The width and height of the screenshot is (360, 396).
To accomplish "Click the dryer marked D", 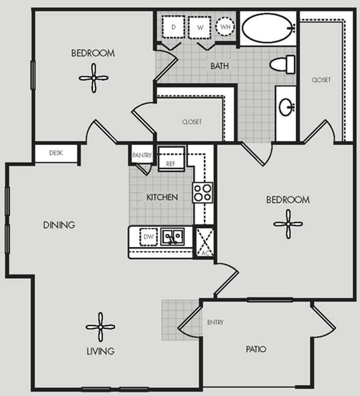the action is (x=173, y=27).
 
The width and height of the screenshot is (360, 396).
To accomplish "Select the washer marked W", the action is (x=200, y=28).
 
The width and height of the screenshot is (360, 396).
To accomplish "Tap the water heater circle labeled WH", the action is (x=225, y=27).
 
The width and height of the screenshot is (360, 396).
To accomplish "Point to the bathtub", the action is (x=268, y=28).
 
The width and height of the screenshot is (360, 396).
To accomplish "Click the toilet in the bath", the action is (x=282, y=64).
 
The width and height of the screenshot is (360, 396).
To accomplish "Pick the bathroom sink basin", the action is (x=286, y=107).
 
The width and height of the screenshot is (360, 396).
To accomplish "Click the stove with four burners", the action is (x=203, y=193).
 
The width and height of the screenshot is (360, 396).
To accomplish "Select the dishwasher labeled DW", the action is (x=149, y=237).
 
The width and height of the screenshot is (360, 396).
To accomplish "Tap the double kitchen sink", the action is (x=173, y=237).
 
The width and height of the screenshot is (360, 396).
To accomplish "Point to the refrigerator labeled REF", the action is (x=171, y=158).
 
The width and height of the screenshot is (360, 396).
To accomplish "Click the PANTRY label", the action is (x=142, y=155).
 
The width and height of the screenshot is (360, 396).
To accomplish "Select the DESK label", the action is (x=56, y=153).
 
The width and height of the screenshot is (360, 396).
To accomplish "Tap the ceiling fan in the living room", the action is (x=101, y=327).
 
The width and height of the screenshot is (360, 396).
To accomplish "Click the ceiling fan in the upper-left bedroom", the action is (x=94, y=78).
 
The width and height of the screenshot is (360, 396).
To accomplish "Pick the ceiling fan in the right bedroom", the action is (x=288, y=224).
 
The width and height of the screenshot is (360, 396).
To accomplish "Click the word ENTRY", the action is (x=215, y=322).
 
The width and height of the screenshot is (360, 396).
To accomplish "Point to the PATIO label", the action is (x=256, y=349).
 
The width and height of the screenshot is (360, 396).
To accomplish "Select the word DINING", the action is (x=59, y=225).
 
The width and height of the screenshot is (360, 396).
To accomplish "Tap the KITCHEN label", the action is (x=162, y=197).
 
